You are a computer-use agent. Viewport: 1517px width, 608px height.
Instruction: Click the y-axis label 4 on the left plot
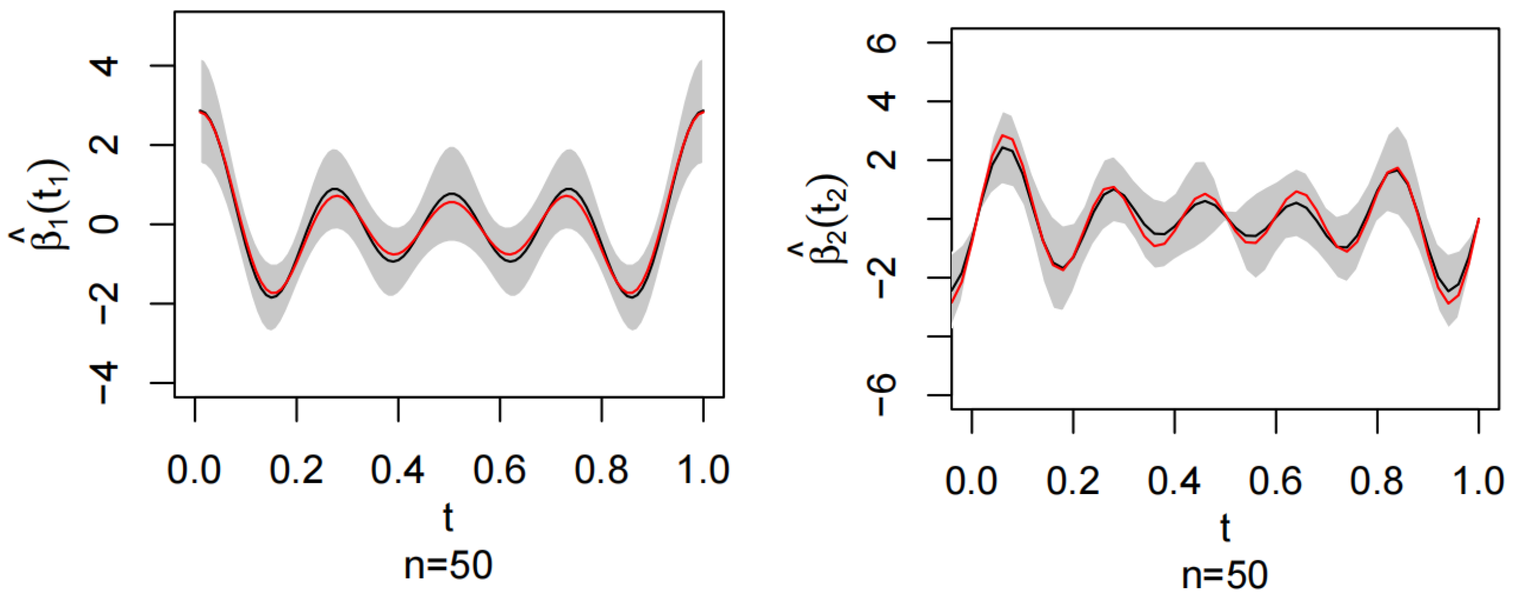coord(106,67)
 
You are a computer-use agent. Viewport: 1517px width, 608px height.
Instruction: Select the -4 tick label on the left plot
coord(106,382)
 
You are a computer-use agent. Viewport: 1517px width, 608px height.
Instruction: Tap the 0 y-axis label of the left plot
coord(106,224)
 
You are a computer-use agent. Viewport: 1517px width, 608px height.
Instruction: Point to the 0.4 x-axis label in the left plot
coord(398,471)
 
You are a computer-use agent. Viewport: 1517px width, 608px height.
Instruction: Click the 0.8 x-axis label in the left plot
coord(601,471)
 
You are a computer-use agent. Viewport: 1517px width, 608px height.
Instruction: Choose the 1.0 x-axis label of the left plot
coord(702,471)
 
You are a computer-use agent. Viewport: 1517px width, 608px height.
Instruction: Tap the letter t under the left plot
coord(448,518)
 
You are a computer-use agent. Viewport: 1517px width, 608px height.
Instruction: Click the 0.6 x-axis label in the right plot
coord(1275,482)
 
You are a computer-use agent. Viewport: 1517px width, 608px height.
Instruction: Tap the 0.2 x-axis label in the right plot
coord(1073,482)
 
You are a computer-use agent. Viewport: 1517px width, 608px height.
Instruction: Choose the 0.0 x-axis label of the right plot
coord(972,482)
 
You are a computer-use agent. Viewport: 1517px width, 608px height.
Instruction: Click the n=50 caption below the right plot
coord(1226,576)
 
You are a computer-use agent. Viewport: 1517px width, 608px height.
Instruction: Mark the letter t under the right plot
coord(1226,528)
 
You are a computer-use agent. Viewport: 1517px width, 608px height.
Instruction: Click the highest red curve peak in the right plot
coord(1004,136)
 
